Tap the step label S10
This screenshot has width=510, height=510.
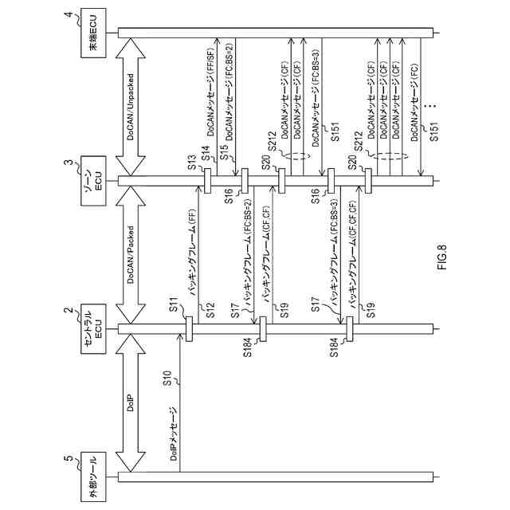coord(168,379)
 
